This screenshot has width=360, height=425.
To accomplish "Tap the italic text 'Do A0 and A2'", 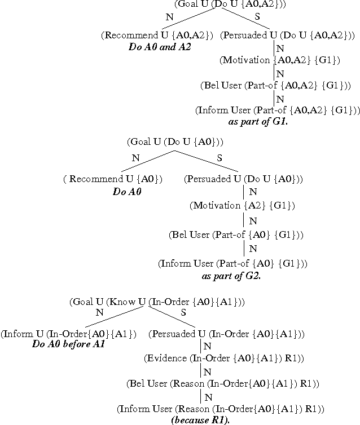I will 160,47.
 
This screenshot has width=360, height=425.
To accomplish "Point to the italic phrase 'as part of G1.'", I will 258,122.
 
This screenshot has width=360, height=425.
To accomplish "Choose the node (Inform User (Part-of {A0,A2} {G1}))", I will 278,110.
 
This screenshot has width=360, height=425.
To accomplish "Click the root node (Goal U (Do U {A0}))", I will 175,141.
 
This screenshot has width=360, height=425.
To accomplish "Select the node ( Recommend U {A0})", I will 113,180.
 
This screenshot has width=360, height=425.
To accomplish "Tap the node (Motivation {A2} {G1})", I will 242,205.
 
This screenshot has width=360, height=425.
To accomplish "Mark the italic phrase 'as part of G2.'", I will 231,276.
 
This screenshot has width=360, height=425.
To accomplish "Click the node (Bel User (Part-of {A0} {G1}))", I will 236,234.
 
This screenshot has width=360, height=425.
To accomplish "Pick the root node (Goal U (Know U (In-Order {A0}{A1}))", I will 157,302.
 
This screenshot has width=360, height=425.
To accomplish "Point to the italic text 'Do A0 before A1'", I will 68,344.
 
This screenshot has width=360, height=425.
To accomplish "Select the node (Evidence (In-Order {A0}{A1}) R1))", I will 224,358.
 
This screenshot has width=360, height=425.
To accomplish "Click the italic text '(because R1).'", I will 200,420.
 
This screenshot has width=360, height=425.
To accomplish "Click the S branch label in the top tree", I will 257,17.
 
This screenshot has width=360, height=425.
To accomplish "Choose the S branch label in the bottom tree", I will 183,312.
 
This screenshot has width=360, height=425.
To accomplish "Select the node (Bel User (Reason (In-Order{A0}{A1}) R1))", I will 223,384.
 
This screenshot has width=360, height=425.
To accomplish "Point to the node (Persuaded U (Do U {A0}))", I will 244,180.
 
